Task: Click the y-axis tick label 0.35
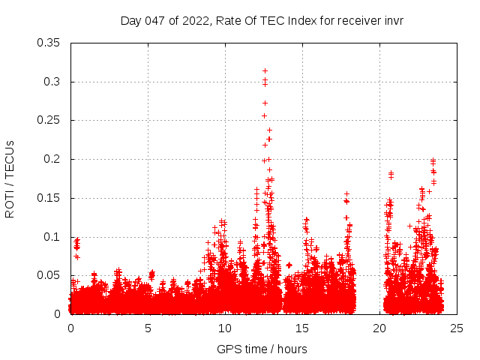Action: pos(49,43)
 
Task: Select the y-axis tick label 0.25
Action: pos(49,120)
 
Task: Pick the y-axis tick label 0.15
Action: pos(49,198)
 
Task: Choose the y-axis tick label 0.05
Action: pos(49,275)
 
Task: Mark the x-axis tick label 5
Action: pos(148,328)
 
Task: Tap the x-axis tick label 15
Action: pos(302,328)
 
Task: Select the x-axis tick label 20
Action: pos(379,328)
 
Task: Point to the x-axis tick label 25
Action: pos(457,328)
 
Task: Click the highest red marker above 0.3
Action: pos(265,70)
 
